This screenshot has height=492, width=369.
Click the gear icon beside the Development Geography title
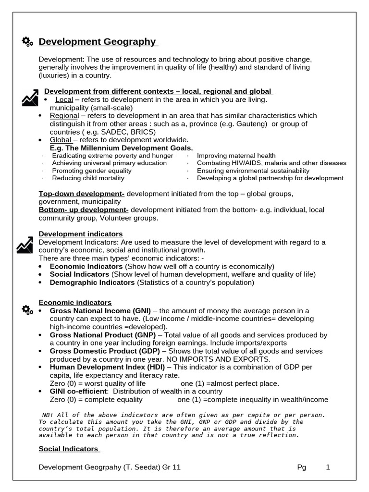[27, 42]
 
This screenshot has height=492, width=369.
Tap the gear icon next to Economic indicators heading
[27, 310]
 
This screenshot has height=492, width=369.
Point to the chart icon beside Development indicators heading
[25, 246]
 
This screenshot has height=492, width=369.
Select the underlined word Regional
[64, 116]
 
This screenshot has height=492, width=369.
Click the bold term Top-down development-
[82, 194]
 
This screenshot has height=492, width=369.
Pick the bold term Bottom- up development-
[84, 210]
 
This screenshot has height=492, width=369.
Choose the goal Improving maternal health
[236, 156]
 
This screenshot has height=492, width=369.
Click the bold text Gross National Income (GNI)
[100, 310]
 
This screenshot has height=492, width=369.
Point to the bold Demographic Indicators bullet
[92, 283]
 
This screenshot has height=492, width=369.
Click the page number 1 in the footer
[328, 467]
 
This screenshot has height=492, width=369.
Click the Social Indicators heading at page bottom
[68, 449]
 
